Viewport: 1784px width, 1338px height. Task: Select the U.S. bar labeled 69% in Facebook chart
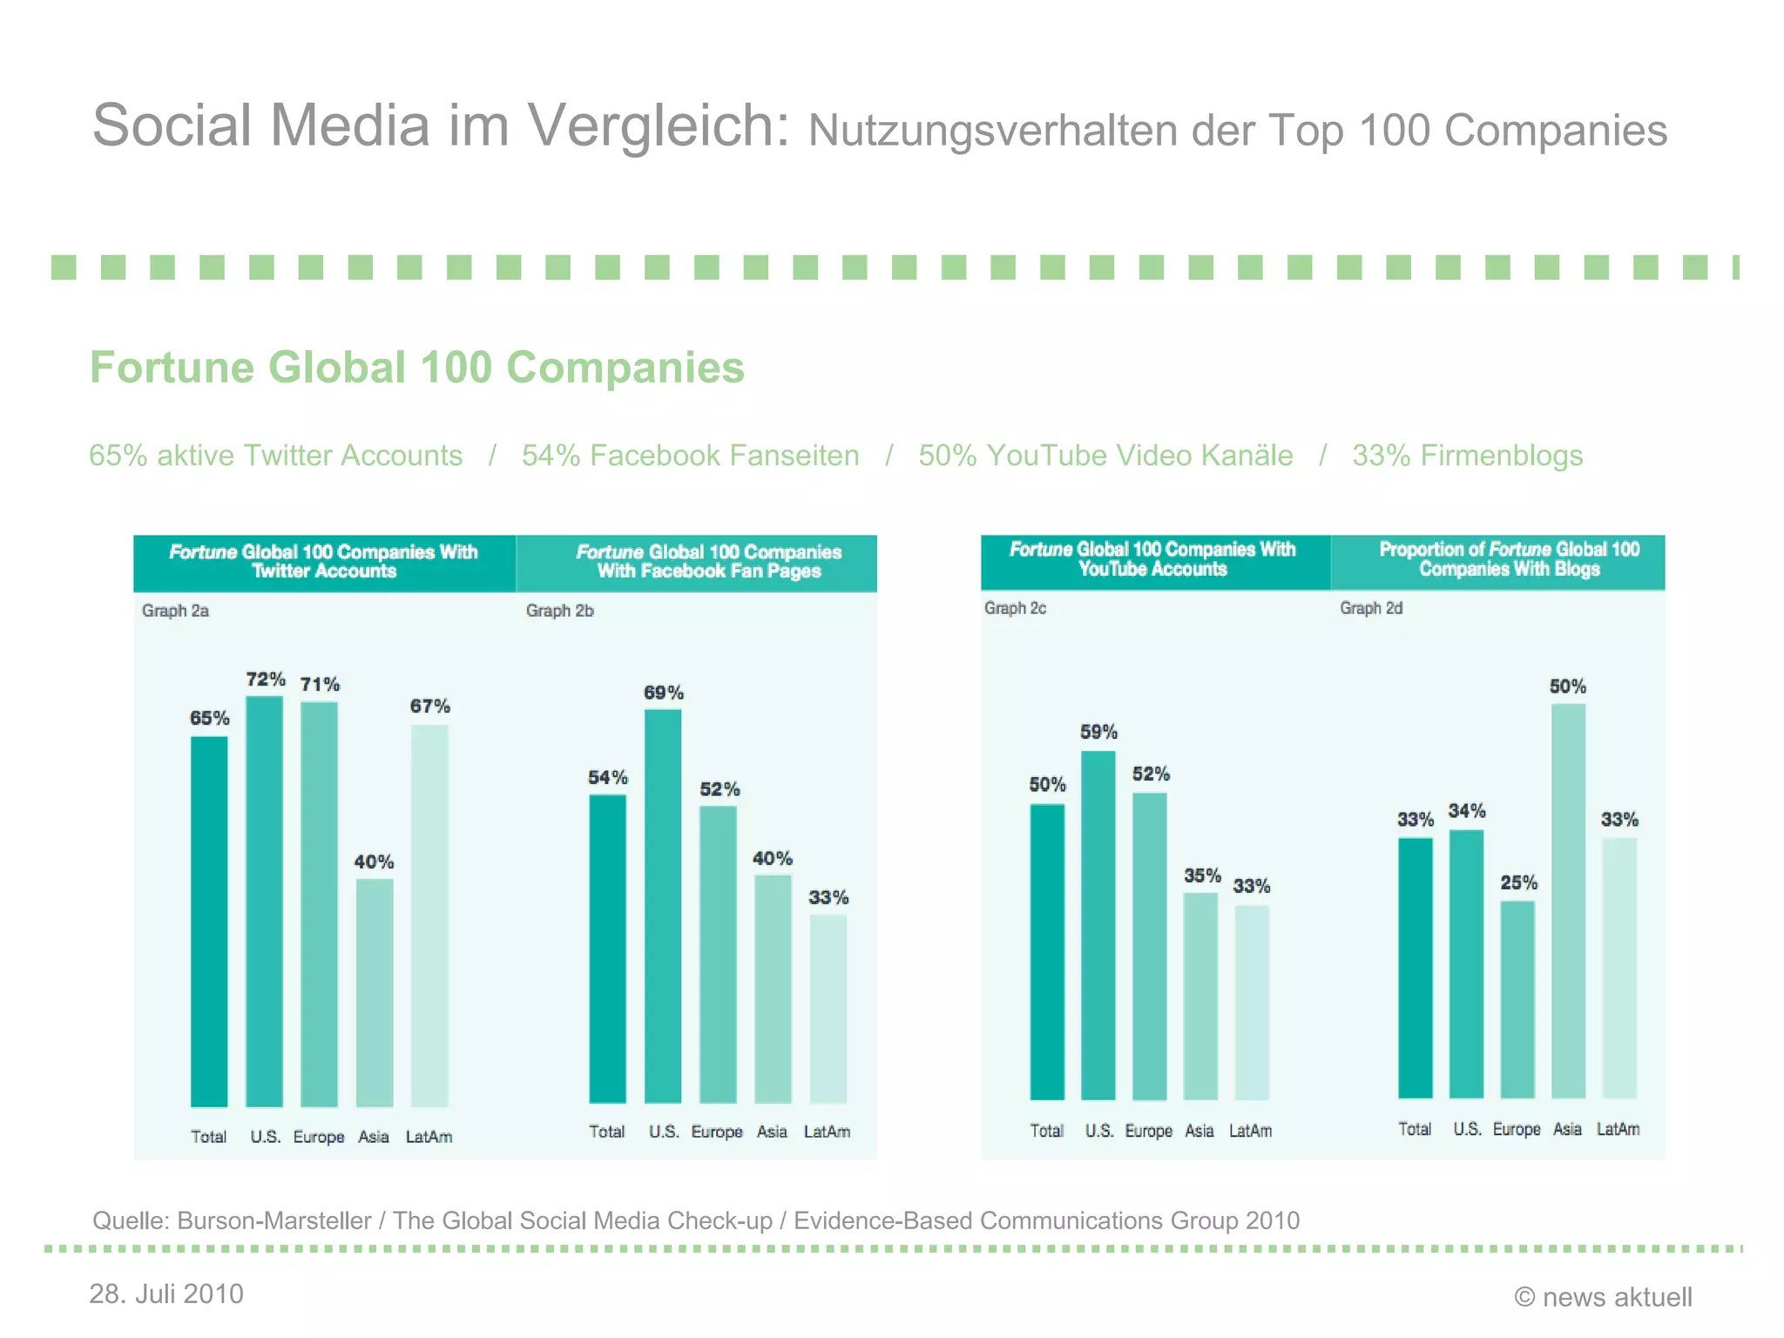663,906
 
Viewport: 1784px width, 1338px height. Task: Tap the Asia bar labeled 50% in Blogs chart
1568,901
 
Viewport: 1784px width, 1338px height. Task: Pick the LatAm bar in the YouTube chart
1252,1002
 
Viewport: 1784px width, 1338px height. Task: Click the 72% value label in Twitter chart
266,679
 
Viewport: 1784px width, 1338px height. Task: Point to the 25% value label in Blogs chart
1518,883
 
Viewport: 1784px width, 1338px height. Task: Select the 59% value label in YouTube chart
1098,733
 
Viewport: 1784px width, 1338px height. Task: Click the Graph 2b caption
559,611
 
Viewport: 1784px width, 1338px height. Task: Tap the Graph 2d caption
1371,608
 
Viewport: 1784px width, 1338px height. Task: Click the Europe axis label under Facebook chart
717,1132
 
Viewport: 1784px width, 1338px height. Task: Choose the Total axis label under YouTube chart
1046,1131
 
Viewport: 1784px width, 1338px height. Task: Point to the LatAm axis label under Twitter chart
429,1137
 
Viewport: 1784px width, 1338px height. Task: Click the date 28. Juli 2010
166,1294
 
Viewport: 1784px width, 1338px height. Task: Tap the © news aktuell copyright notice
1603,1297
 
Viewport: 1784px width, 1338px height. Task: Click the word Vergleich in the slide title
659,126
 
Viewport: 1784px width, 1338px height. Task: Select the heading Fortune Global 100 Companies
417,367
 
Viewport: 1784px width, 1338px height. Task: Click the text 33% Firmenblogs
1467,456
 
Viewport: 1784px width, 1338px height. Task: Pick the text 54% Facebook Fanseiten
690,456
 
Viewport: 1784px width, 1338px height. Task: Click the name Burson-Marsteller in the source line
274,1220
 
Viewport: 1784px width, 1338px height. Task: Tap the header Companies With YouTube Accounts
1152,559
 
